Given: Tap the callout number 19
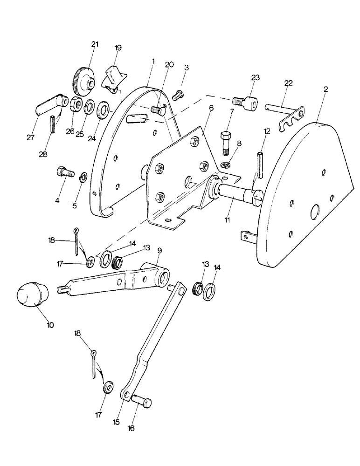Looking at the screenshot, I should click(118, 48).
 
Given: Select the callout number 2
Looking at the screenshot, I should click(325, 89).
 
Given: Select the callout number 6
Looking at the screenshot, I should click(211, 108).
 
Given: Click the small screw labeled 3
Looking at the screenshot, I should click(176, 95).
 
